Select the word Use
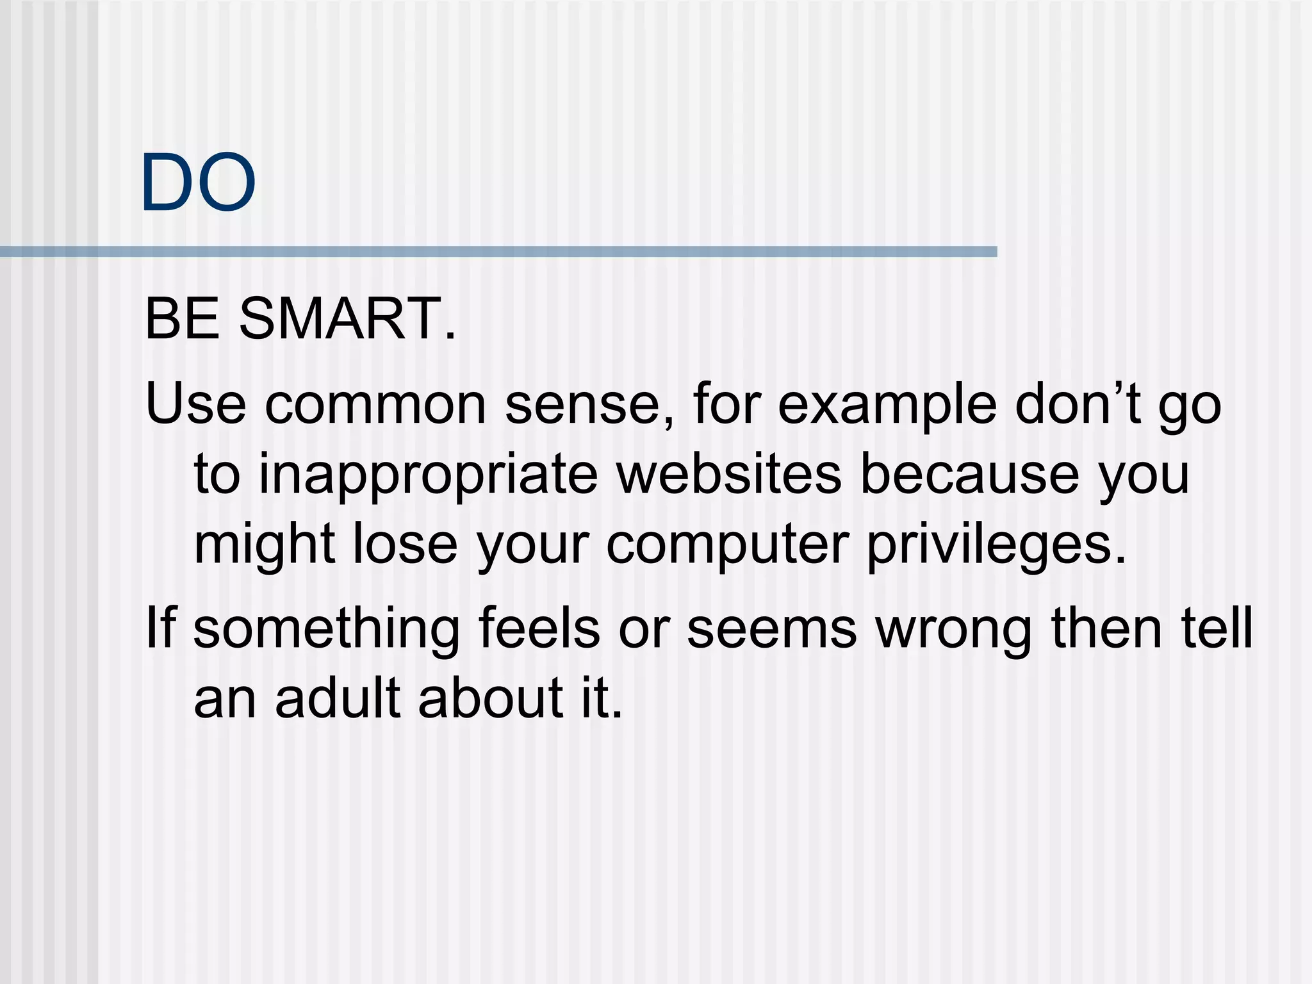tap(195, 404)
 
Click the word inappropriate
tap(428, 476)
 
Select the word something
tap(327, 630)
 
